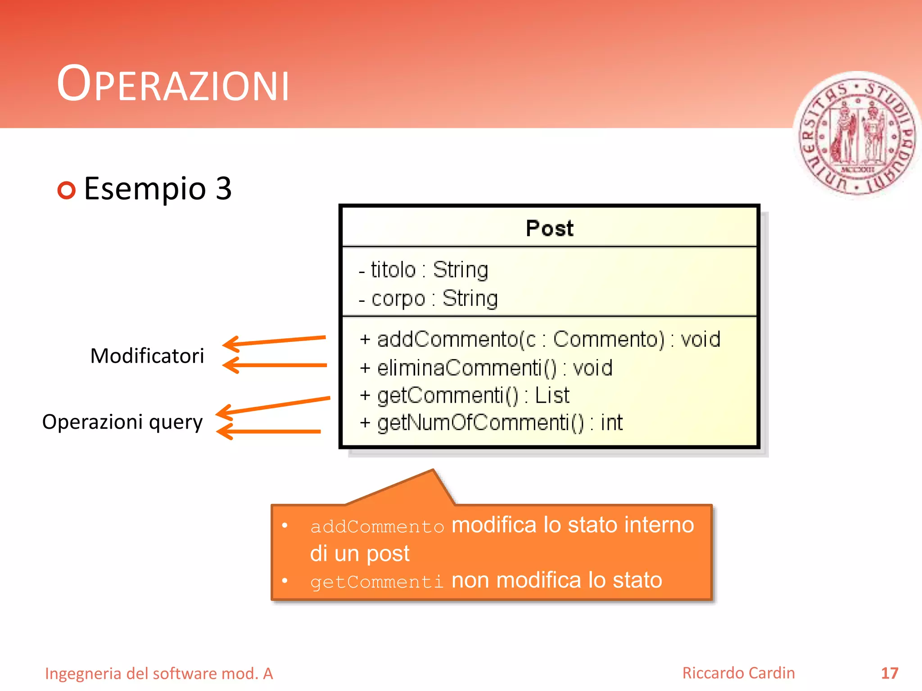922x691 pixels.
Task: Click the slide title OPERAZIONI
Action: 173,84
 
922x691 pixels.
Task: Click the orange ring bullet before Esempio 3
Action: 67,190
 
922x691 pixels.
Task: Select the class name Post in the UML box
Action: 549,228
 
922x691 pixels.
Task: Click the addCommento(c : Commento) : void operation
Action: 540,339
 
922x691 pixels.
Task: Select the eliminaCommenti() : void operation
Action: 486,368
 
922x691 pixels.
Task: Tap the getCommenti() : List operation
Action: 465,395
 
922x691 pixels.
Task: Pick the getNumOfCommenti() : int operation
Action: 491,423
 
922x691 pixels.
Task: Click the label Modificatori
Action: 147,356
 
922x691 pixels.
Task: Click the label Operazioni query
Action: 122,422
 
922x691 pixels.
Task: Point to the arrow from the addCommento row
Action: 275,341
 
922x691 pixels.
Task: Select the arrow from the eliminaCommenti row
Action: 275,365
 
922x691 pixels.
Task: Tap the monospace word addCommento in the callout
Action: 377,526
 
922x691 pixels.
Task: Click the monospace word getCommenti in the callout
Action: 377,582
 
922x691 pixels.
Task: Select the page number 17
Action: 889,673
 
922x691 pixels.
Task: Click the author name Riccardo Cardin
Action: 738,673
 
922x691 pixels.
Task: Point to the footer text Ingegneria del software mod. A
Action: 159,673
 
